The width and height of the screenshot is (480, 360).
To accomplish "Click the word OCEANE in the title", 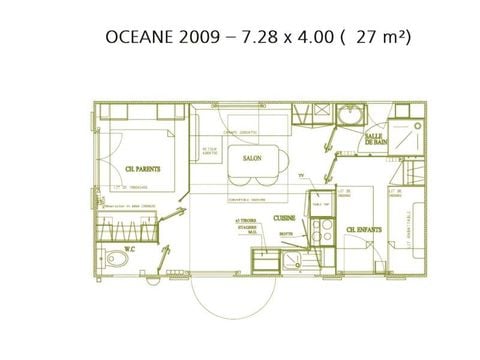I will (137, 38).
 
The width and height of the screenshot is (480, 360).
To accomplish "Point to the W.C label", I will (129, 248).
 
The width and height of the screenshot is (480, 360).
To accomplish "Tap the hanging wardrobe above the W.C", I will (130, 228).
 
